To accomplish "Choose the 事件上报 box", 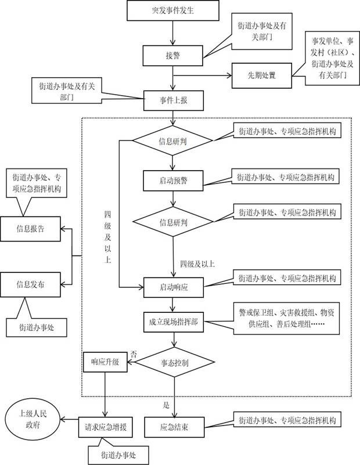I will (x=172, y=99).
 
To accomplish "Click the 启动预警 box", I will (x=172, y=180).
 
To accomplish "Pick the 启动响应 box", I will (x=172, y=286).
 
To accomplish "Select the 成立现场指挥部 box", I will (x=172, y=322).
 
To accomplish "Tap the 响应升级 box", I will (x=104, y=361).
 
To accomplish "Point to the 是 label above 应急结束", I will (x=167, y=405).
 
